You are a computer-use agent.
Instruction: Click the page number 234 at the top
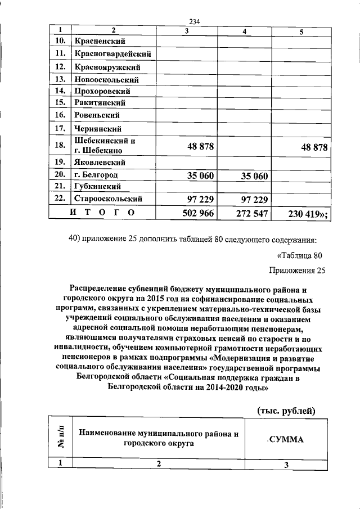click(x=195, y=22)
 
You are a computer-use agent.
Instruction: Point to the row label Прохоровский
click(x=102, y=91)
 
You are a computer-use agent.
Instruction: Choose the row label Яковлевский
click(x=100, y=163)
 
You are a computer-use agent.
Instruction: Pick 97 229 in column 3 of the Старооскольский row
click(x=200, y=199)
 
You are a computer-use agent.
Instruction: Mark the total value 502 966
click(x=199, y=213)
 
